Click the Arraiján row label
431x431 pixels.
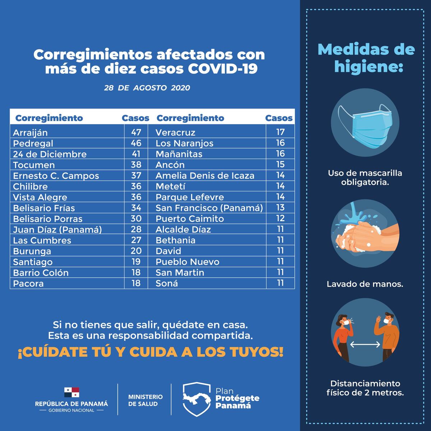(30, 133)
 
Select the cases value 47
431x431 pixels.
(136, 132)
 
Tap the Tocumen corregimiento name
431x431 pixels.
(34, 165)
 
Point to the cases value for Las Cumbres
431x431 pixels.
(136, 240)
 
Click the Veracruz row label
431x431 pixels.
(175, 133)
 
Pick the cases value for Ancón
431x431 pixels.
(280, 164)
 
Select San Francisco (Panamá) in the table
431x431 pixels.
(209, 208)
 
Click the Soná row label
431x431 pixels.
(167, 283)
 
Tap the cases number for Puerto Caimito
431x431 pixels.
(280, 218)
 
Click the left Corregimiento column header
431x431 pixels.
(49, 118)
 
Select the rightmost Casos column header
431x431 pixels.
(279, 118)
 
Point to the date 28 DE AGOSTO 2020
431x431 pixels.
(147, 88)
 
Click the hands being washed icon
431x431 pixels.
(366, 233)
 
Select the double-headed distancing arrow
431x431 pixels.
(365, 345)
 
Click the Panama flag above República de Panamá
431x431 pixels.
(71, 392)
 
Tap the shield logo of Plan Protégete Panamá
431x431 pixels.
(196, 399)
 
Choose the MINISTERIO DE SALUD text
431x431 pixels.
(145, 400)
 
